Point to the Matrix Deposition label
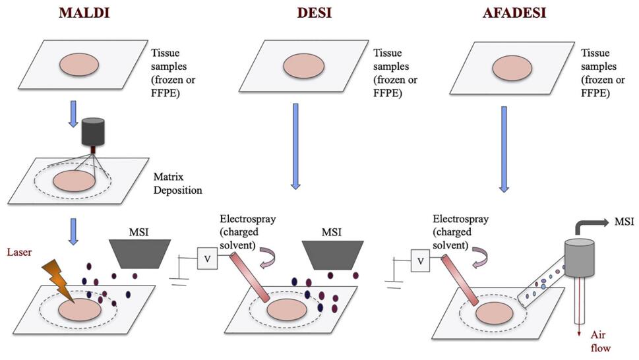[x=177, y=184]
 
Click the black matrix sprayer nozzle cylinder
[x=93, y=132]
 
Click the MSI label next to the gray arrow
[x=623, y=221]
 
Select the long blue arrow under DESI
[x=295, y=144]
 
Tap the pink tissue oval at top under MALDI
[x=80, y=65]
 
